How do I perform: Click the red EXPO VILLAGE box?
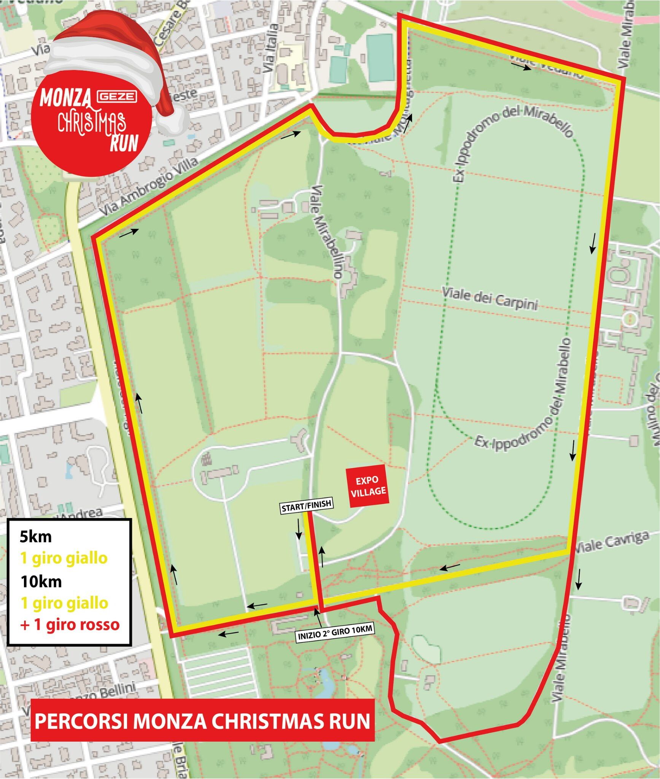pos(368,486)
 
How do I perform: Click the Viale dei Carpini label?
pos(490,299)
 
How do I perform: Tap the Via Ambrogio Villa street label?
pos(150,187)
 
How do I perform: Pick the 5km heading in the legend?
pos(36,537)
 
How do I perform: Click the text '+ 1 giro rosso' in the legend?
pos(70,625)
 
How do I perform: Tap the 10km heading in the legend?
pos(41,582)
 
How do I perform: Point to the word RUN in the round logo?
pos(124,143)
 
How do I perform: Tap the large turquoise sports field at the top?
pos(381,57)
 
